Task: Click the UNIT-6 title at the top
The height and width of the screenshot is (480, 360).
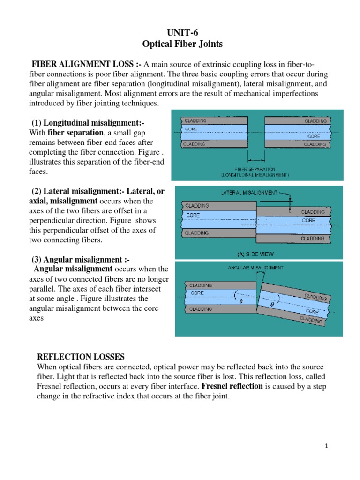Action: (x=180, y=32)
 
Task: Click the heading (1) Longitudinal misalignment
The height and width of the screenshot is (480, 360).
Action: (x=88, y=122)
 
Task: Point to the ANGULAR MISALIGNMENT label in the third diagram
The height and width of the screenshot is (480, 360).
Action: (x=255, y=268)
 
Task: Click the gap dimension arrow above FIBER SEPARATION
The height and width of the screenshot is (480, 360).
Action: (x=256, y=158)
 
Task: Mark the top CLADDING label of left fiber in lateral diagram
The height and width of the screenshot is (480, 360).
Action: (x=197, y=206)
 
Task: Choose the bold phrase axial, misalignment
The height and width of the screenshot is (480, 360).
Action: (x=64, y=201)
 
